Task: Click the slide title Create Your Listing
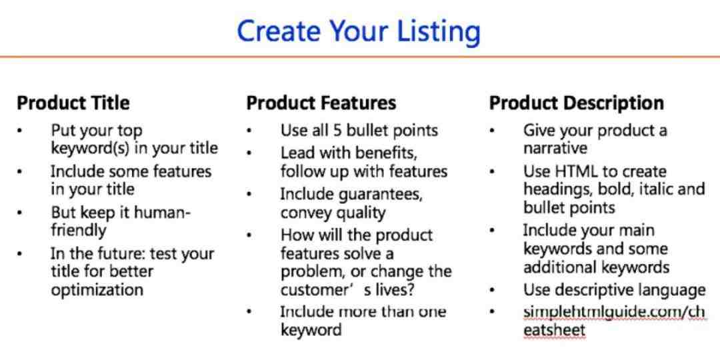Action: pos(359,31)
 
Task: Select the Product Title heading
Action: pos(73,103)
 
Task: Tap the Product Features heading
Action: pos(321,103)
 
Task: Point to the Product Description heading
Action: pos(576,103)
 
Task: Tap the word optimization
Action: pos(97,290)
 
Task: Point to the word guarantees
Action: pos(380,195)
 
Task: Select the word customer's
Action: pos(319,290)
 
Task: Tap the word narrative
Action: pos(555,149)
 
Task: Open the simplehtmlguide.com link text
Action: pos(614,321)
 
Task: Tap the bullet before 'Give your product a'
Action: pos(492,131)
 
